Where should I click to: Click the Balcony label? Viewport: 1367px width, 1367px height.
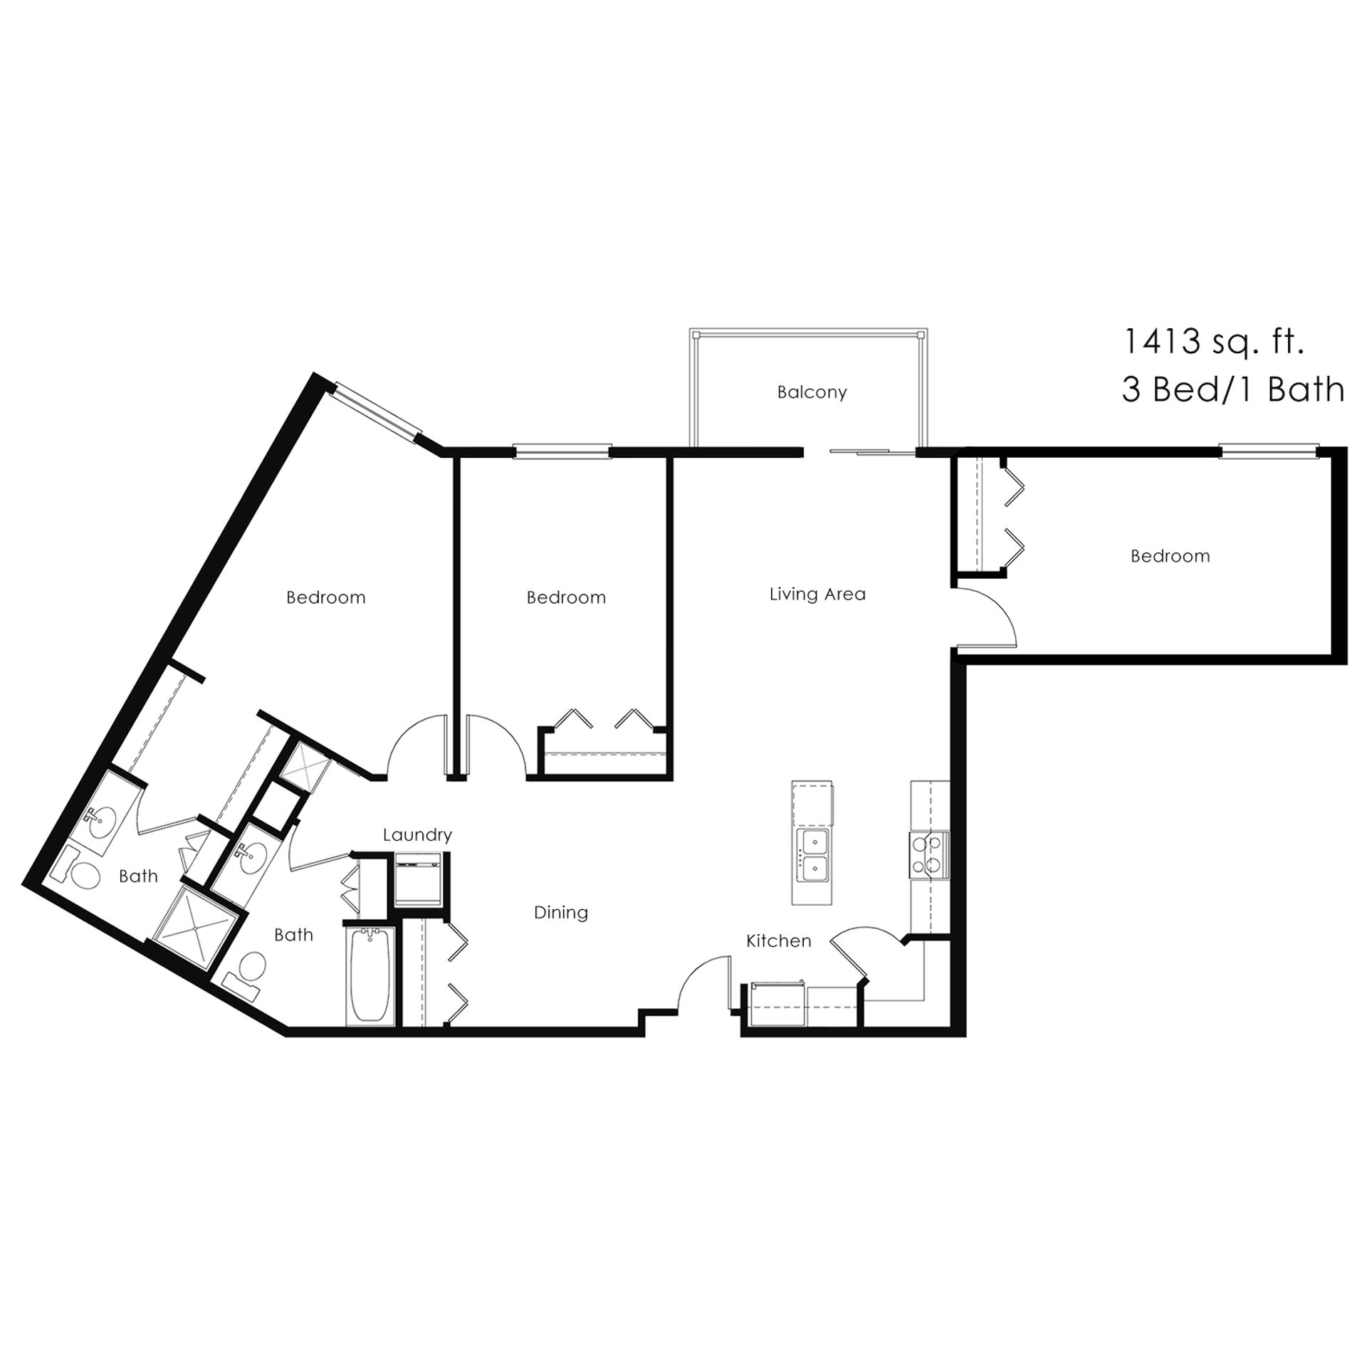(x=812, y=392)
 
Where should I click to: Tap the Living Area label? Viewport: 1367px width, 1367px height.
(x=817, y=594)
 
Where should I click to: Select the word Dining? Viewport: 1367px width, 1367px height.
(x=561, y=913)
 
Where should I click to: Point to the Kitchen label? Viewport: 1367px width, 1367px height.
(x=778, y=941)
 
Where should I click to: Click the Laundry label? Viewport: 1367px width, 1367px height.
(x=417, y=835)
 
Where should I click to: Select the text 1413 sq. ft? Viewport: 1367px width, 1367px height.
(x=1213, y=342)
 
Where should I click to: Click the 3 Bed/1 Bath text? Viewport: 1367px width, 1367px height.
(x=1233, y=390)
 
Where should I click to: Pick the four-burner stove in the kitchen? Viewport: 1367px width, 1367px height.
(x=929, y=854)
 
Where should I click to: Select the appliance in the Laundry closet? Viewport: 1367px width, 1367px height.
(x=418, y=880)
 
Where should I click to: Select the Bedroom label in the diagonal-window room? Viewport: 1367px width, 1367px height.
(x=326, y=597)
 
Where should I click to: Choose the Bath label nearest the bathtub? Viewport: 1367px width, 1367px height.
(x=293, y=934)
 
